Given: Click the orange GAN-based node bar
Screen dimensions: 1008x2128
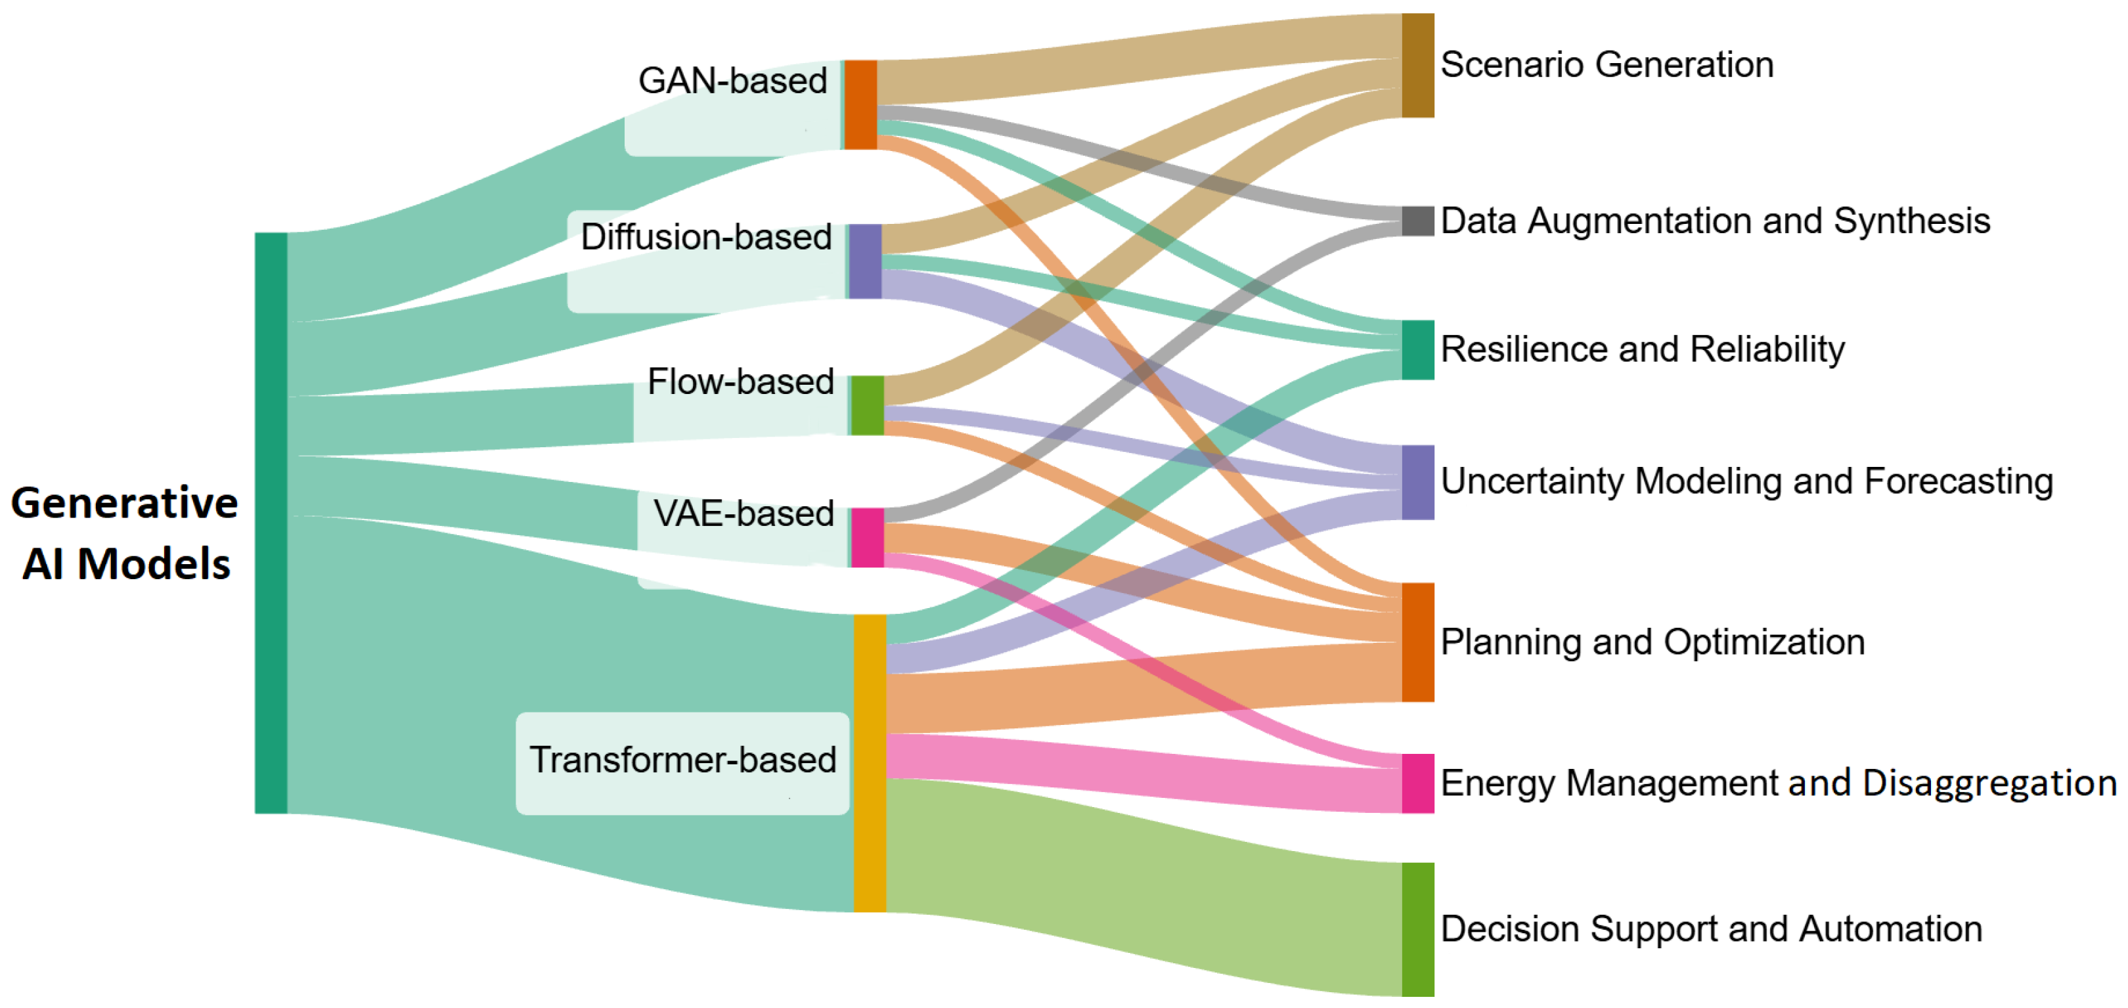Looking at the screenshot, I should (860, 105).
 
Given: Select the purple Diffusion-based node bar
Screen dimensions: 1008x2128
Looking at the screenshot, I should (865, 261).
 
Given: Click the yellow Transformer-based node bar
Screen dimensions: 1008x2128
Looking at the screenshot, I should (869, 762).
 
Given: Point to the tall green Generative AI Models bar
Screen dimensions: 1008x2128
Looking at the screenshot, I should (271, 523).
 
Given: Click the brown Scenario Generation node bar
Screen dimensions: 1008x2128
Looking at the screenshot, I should (1417, 65).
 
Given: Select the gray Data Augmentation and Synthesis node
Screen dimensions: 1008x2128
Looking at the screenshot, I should (1417, 221).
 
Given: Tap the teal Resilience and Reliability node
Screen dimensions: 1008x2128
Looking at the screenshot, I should (1417, 350).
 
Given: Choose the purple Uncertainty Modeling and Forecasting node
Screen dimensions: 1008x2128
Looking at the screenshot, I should (1417, 483).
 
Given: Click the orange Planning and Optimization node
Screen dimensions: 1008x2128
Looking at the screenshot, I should (1417, 642).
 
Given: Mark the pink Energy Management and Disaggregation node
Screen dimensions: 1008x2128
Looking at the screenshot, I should (1417, 783).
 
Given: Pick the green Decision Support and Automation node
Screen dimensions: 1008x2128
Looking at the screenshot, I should (1417, 929).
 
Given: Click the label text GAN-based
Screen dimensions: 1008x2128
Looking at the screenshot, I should (733, 81).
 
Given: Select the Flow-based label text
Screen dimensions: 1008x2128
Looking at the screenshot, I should (740, 382).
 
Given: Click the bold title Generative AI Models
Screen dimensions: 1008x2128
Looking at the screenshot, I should (125, 533).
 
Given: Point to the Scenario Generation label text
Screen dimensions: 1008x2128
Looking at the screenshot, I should (1607, 64).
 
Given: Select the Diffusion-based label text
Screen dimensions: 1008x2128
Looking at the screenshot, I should (705, 237).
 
